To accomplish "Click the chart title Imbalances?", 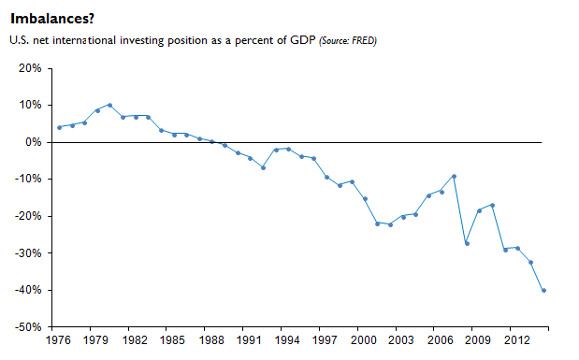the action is [x=52, y=19].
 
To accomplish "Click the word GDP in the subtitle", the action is [x=302, y=40].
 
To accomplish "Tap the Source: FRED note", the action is [x=348, y=40].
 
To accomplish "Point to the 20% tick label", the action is [x=30, y=68].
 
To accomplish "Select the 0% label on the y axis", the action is [x=34, y=142].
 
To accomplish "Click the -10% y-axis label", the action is [x=28, y=180].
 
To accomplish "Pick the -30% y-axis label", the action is [x=28, y=252].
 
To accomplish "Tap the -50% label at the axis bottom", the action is [x=28, y=326].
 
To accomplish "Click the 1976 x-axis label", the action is [x=58, y=340].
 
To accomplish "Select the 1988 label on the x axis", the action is [x=210, y=340].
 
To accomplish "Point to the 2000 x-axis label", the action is [x=363, y=340].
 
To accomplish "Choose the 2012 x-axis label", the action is [x=516, y=340].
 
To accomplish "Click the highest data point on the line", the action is [x=110, y=106].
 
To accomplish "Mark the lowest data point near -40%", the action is [x=543, y=291].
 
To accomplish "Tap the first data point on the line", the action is [x=60, y=128].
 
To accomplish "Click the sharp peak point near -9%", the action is [x=455, y=177].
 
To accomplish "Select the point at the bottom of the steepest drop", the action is [x=467, y=244].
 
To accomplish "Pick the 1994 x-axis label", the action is [x=287, y=340].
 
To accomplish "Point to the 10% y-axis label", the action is [x=30, y=106].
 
